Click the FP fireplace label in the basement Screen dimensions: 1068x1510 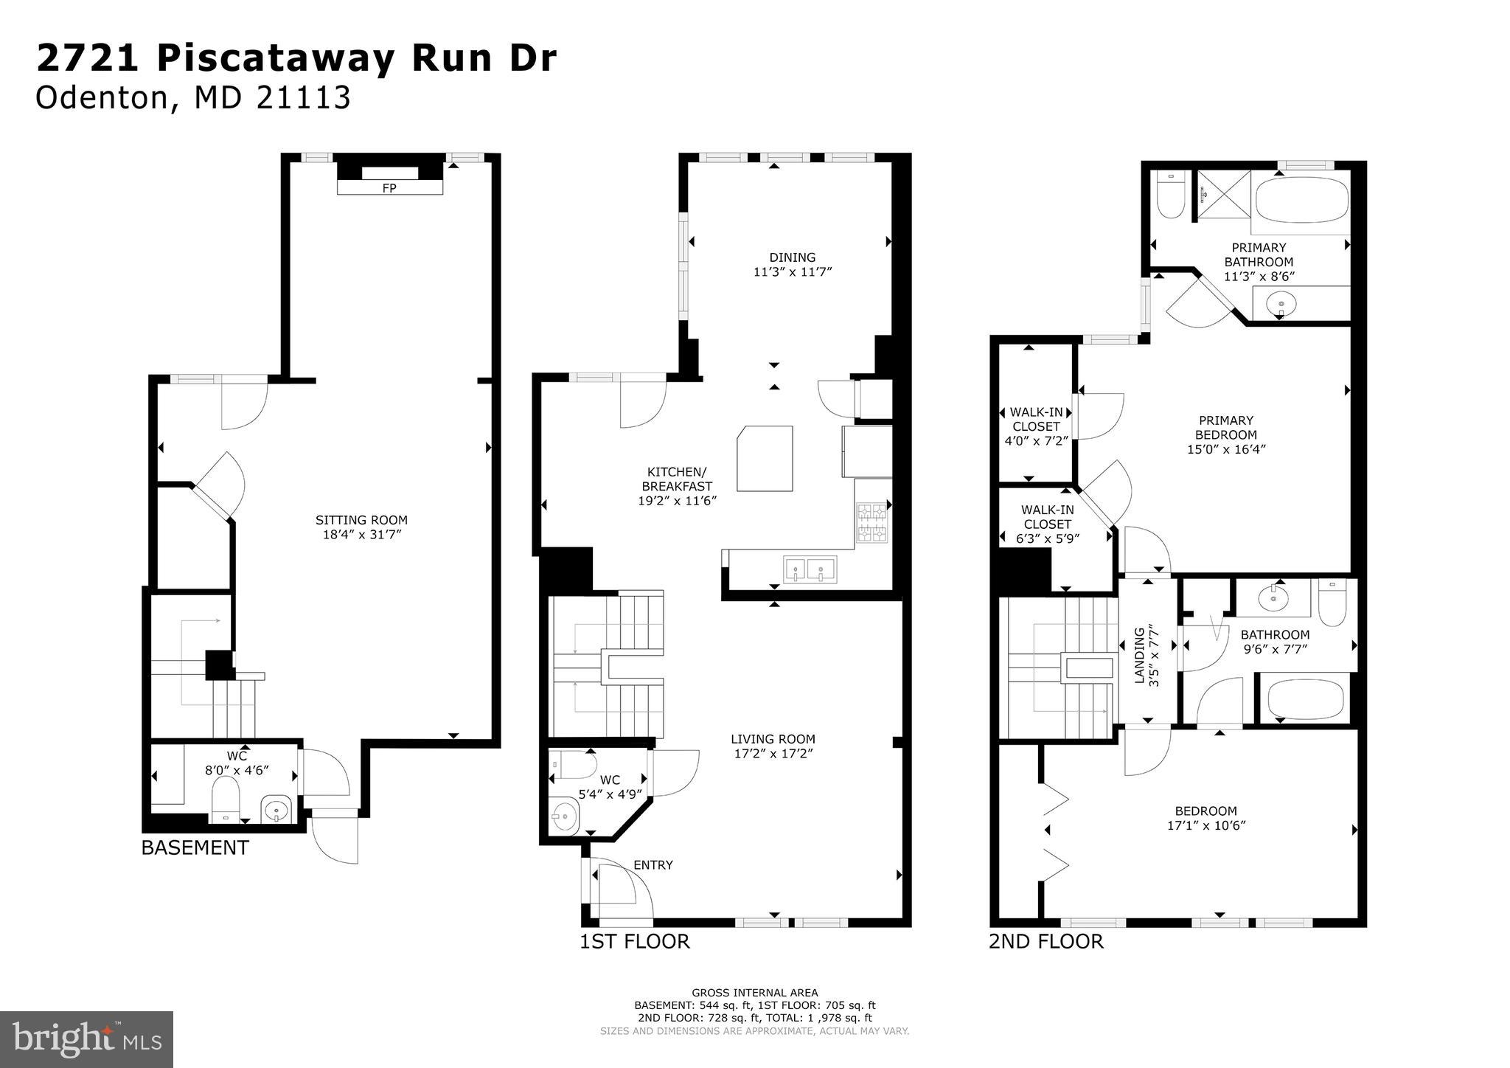point(389,188)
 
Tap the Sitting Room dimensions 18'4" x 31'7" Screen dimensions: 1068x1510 point(361,535)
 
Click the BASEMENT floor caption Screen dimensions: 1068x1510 point(195,847)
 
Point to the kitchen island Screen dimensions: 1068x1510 point(765,458)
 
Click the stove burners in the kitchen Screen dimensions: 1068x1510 point(873,522)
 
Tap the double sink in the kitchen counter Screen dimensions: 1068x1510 point(810,569)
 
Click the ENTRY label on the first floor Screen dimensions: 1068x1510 point(653,865)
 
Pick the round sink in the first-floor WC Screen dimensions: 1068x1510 point(566,816)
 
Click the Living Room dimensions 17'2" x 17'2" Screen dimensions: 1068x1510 point(773,754)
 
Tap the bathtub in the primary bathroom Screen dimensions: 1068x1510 point(1301,199)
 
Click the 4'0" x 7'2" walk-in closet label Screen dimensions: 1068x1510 point(1035,440)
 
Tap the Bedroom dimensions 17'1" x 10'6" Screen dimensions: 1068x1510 point(1206,826)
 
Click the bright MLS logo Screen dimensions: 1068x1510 point(86,1040)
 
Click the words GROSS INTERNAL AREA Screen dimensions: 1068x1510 point(754,993)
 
